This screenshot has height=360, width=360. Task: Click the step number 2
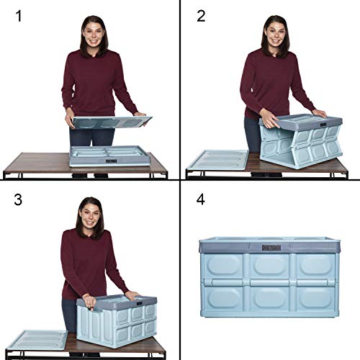tap(201, 16)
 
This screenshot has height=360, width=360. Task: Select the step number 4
tap(201, 199)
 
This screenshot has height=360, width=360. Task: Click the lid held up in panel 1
tap(108, 122)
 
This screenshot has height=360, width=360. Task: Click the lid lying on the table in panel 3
tap(39, 339)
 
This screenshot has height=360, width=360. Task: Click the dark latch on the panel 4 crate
tap(271, 247)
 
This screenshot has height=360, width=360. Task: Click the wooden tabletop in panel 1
tap(36, 164)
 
